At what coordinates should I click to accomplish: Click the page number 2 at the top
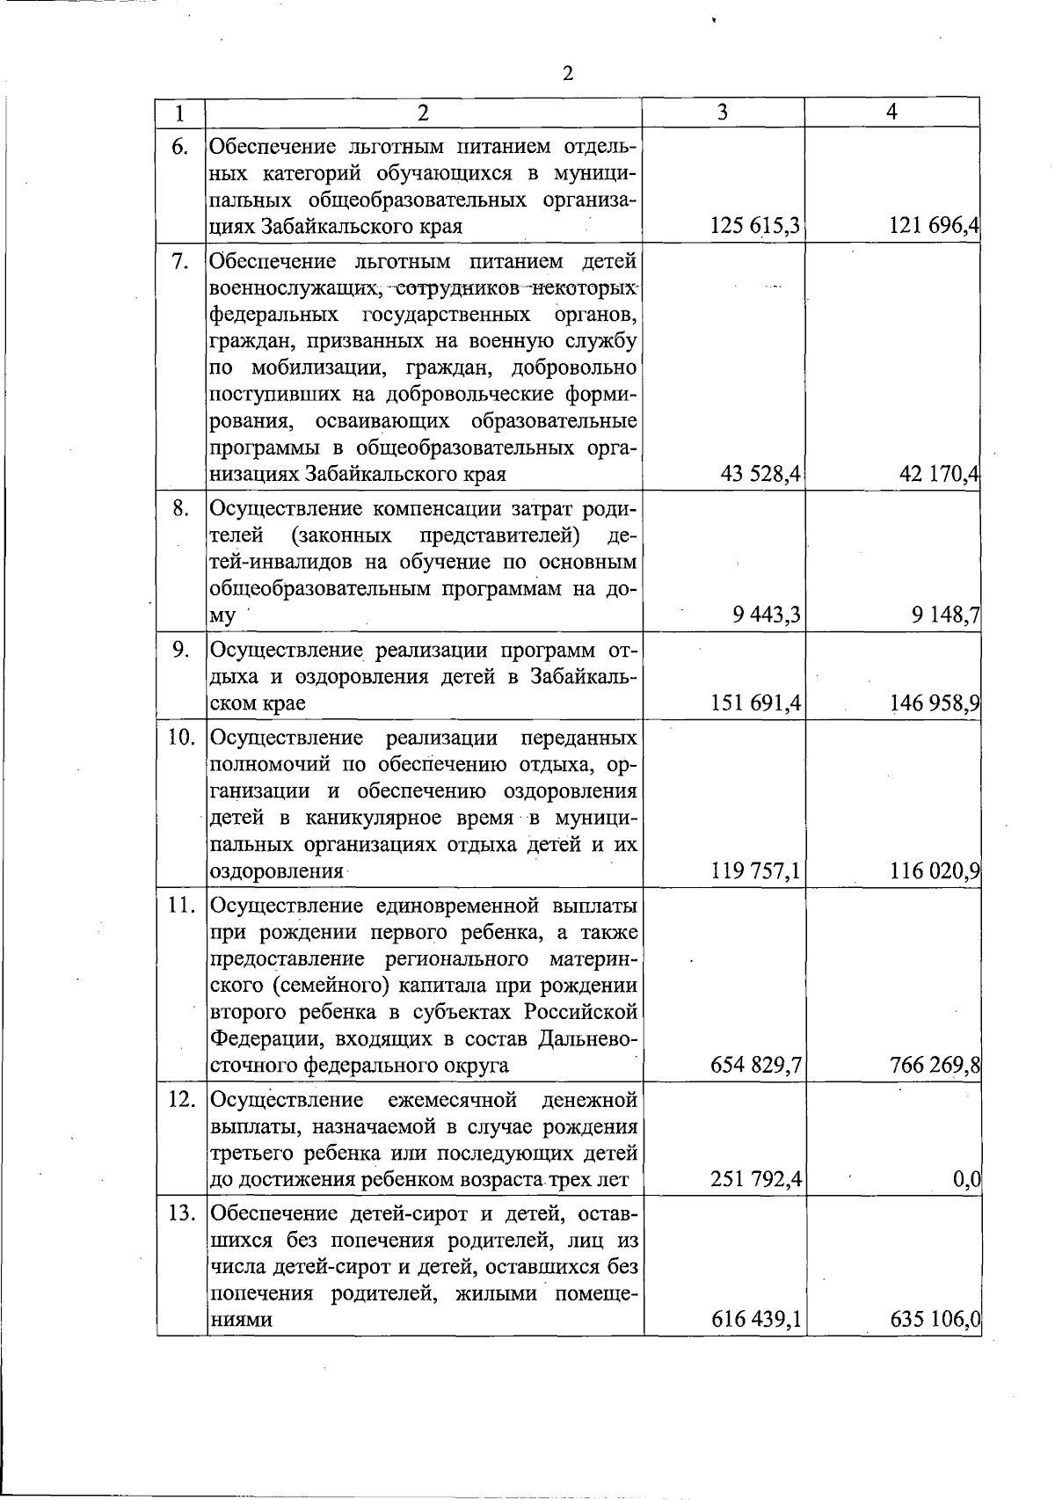click(567, 73)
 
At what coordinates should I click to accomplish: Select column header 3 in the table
click(722, 113)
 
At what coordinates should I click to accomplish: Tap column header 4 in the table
click(891, 113)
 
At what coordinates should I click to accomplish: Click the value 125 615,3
click(755, 227)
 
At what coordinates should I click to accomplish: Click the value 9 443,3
click(766, 615)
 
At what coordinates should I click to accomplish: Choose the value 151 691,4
click(755, 703)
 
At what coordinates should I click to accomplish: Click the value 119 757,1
click(755, 871)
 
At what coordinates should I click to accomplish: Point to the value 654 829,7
click(755, 1067)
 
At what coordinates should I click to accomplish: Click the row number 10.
click(181, 738)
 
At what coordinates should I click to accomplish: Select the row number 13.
click(181, 1213)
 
